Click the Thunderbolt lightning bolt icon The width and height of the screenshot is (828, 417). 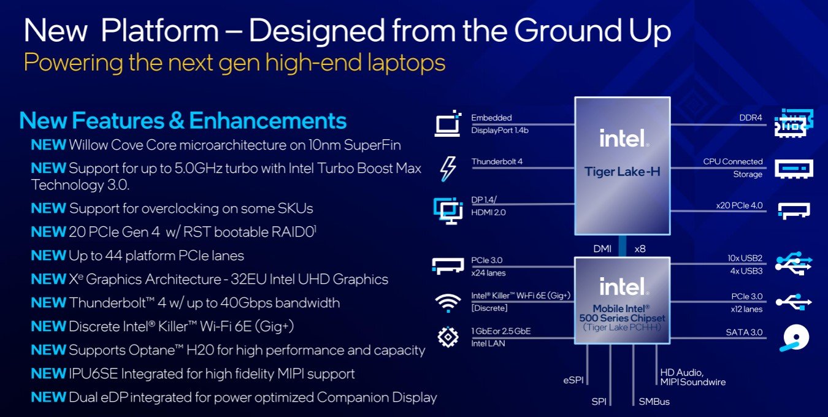click(448, 169)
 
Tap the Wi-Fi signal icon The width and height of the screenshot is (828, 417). click(448, 303)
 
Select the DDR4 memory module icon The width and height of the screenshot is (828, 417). click(794, 123)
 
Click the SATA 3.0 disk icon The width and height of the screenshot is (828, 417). click(795, 337)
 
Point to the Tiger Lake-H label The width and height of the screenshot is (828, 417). click(622, 172)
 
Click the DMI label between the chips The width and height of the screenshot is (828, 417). click(602, 249)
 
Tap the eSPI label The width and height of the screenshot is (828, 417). click(573, 380)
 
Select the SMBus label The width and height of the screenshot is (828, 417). click(654, 402)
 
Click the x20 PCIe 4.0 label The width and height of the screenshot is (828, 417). click(739, 205)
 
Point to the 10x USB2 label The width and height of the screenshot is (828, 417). click(745, 258)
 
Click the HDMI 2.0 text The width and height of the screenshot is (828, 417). click(488, 212)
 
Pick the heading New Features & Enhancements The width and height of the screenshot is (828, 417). click(183, 121)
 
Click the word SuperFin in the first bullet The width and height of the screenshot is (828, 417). click(372, 145)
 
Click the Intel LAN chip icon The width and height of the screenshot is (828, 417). click(448, 337)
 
